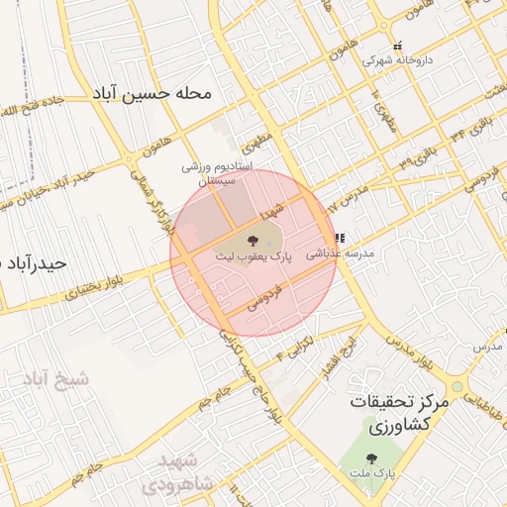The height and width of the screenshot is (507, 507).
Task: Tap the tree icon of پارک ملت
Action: click(371, 458)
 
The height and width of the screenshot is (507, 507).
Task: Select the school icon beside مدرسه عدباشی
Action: click(340, 239)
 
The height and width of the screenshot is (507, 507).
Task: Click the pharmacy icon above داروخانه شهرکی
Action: click(397, 46)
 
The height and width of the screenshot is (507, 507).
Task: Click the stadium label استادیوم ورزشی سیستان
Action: click(218, 175)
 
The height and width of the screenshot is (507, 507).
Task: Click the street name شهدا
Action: click(274, 209)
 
